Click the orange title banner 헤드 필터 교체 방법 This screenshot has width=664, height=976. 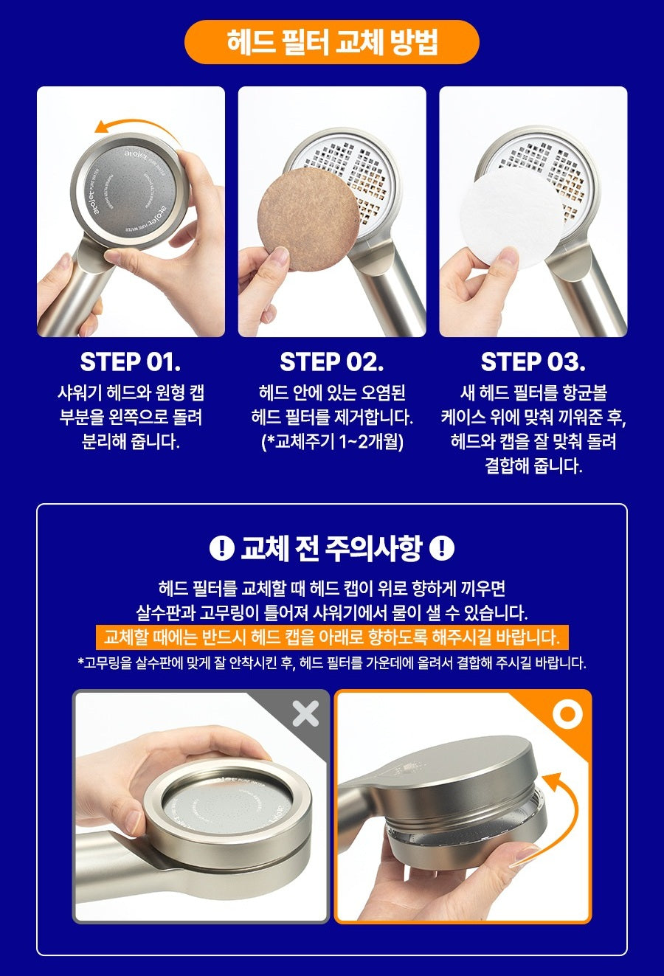[x=331, y=42]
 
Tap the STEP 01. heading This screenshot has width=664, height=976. [x=131, y=362]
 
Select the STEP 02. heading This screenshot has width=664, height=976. [x=331, y=362]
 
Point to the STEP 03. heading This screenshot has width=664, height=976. [x=533, y=362]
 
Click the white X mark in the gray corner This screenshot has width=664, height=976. [x=305, y=713]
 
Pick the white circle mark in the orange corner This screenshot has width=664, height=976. [x=568, y=713]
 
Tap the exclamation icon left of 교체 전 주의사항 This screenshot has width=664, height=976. [x=221, y=548]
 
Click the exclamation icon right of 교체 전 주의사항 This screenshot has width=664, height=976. [x=442, y=548]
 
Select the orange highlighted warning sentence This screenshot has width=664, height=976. [x=332, y=637]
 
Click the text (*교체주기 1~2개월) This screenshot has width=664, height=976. [x=332, y=442]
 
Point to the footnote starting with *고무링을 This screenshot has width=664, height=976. [x=332, y=662]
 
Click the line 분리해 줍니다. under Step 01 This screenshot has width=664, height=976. [x=131, y=442]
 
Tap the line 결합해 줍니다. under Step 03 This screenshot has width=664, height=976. [x=533, y=466]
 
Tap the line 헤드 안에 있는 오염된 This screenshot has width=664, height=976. [x=332, y=393]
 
